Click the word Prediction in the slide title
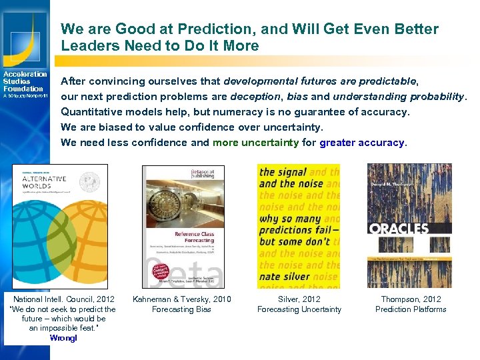pyautogui.click(x=191, y=29)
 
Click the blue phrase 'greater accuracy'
pyautogui.click(x=362, y=142)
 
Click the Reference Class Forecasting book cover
pyautogui.click(x=182, y=227)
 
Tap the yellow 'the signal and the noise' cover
pyautogui.click(x=299, y=226)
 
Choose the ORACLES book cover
pyautogui.click(x=409, y=226)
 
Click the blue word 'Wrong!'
pyautogui.click(x=63, y=338)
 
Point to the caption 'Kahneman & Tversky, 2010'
pyautogui.click(x=182, y=299)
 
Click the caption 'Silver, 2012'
pyautogui.click(x=299, y=299)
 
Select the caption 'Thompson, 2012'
pyautogui.click(x=411, y=299)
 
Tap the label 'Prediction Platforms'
pyautogui.click(x=411, y=309)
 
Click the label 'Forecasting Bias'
pyautogui.click(x=182, y=309)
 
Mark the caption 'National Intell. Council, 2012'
pyautogui.click(x=64, y=299)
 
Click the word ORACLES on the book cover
pyautogui.click(x=399, y=228)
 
